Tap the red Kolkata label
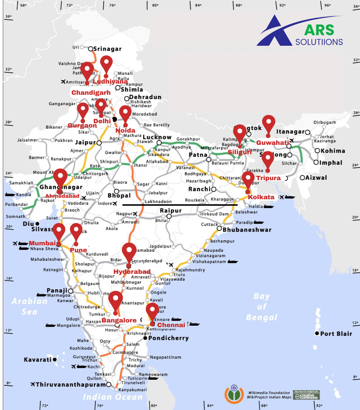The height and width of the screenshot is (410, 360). [x=261, y=197]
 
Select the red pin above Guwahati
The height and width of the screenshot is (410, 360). [x=268, y=124]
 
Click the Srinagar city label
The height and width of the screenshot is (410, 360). [x=107, y=49]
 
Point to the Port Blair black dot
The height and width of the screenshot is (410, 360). [x=317, y=334]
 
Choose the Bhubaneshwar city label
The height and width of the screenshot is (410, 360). [x=247, y=229]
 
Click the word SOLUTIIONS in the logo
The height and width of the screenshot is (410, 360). [x=319, y=42]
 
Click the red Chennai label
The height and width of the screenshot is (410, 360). [x=171, y=325]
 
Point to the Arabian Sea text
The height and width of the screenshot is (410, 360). [x=29, y=306]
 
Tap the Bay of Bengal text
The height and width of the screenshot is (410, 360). [x=262, y=307]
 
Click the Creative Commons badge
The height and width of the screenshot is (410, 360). [x=306, y=395]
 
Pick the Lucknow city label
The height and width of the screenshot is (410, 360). [x=157, y=137]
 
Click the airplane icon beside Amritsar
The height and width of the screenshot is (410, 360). [x=63, y=82]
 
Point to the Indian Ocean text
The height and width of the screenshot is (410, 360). [x=113, y=397]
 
